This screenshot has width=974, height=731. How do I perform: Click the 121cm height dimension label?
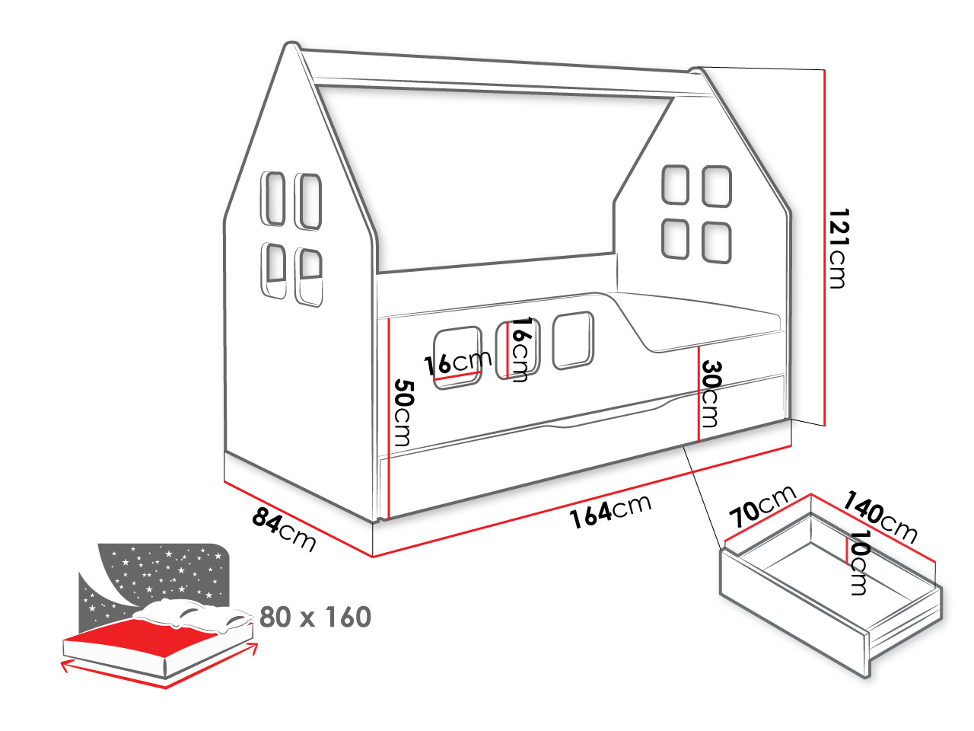click(838, 248)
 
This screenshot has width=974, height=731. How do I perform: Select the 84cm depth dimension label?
click(284, 530)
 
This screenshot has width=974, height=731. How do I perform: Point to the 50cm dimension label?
click(404, 412)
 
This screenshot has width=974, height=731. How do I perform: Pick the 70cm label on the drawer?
click(762, 506)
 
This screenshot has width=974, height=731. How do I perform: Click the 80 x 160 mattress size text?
click(315, 617)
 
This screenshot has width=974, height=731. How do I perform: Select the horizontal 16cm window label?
click(458, 363)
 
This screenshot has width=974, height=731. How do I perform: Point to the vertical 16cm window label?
click(520, 349)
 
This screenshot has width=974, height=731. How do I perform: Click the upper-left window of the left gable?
click(273, 199)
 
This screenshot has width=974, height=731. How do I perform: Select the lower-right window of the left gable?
click(309, 277)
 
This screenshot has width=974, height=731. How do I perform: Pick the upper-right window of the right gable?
click(717, 187)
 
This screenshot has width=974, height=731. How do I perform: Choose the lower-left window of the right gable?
click(675, 239)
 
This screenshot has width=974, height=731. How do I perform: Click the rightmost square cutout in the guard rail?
click(573, 340)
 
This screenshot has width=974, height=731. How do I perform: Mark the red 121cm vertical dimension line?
click(824, 247)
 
